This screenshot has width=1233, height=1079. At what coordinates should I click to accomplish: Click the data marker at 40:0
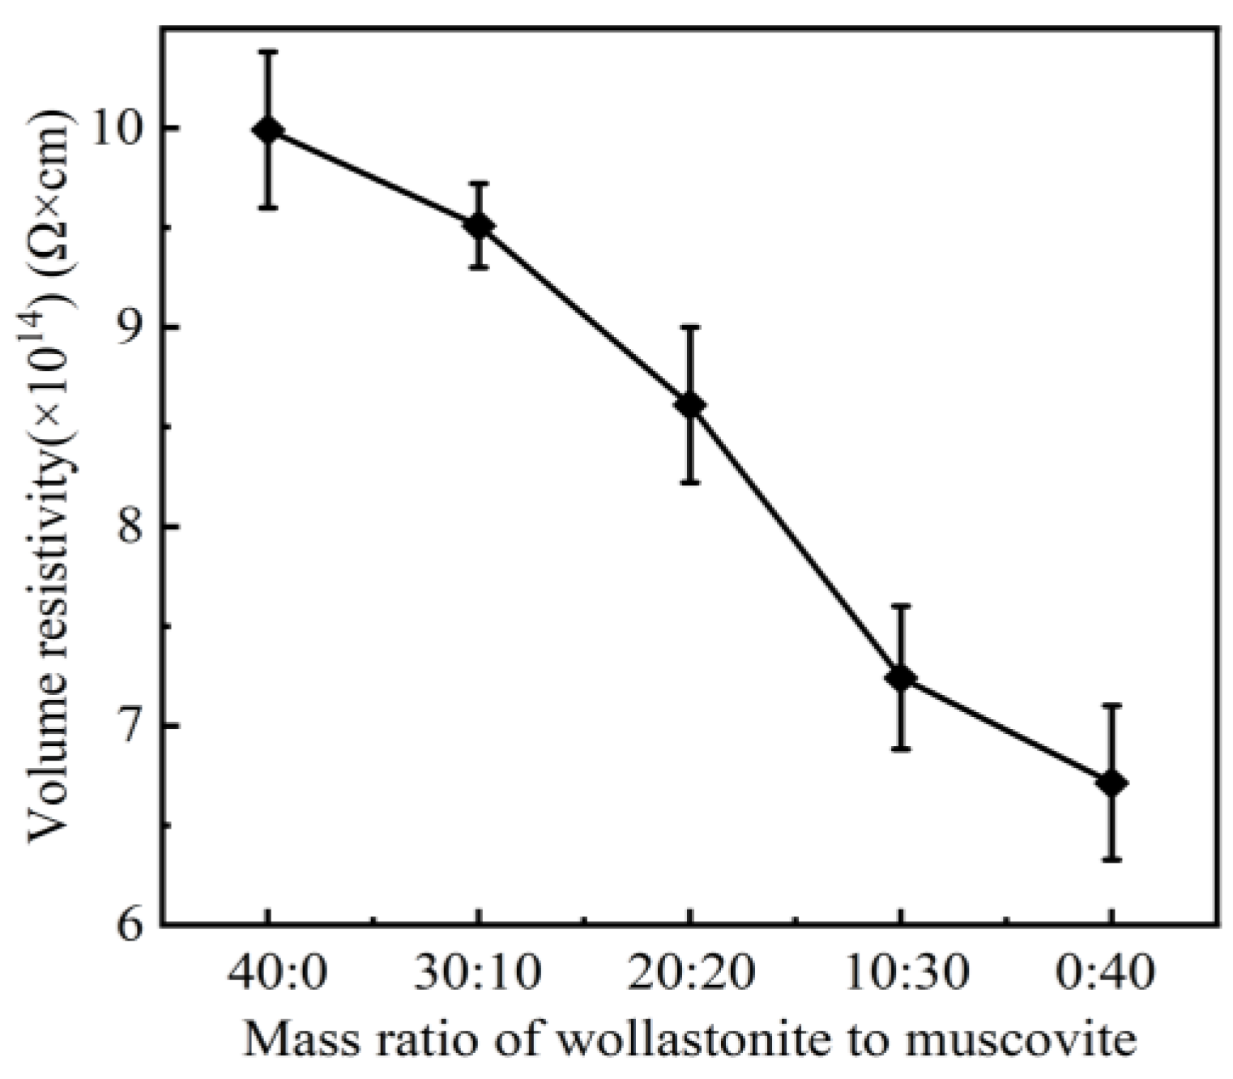click(268, 130)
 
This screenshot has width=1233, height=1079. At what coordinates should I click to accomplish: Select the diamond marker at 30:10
click(479, 226)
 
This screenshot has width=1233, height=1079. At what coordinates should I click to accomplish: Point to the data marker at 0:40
click(1111, 783)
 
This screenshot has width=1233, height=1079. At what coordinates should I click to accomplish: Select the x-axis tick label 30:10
click(479, 973)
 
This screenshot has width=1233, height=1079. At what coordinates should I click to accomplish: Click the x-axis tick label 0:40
click(1111, 973)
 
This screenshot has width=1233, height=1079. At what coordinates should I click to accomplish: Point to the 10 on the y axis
click(115, 129)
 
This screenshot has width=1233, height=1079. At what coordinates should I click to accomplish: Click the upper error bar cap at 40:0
click(268, 51)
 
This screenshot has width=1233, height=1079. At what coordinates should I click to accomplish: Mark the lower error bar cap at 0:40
click(1111, 859)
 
